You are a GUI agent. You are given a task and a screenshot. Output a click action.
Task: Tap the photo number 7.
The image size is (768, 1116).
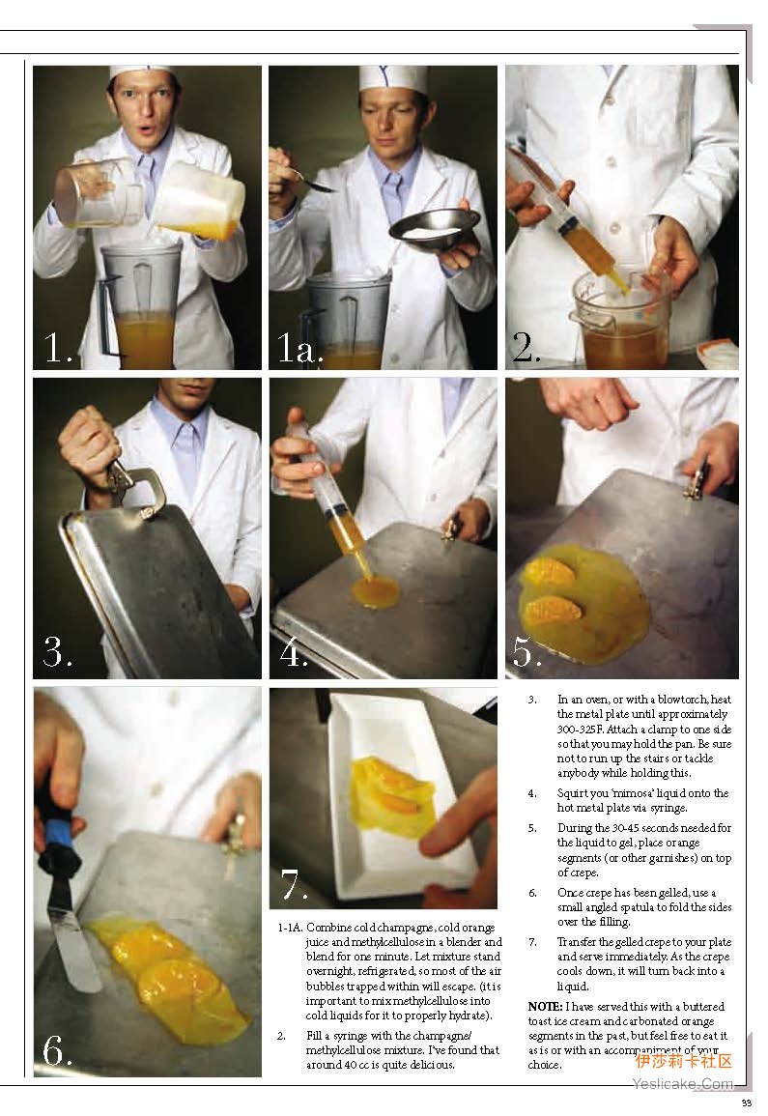click(294, 885)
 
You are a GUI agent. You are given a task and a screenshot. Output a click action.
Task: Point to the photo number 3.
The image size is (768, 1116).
click(57, 650)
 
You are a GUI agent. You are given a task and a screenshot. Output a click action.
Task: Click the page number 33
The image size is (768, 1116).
click(747, 1103)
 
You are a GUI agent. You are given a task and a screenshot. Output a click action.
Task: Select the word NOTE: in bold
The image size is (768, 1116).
click(545, 1007)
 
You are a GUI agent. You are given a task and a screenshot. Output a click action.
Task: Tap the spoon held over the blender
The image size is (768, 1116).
click(310, 180)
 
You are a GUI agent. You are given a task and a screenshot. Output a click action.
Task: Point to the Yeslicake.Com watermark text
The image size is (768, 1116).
click(682, 1084)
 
